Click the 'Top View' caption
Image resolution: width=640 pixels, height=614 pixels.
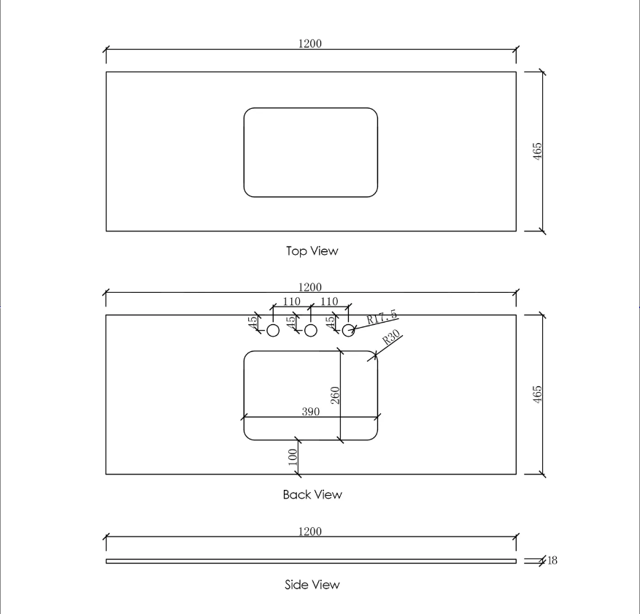click(x=312, y=250)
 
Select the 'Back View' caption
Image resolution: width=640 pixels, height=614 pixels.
click(x=312, y=494)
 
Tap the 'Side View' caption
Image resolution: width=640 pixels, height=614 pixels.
click(x=312, y=585)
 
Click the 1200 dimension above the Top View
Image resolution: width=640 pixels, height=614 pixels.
click(x=310, y=43)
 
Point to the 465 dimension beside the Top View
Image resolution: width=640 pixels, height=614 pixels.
click(x=538, y=151)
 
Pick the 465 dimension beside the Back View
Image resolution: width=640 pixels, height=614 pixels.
click(x=538, y=394)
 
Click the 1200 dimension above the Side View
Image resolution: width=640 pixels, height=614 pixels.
click(x=310, y=531)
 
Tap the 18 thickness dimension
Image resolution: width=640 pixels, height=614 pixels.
click(x=552, y=561)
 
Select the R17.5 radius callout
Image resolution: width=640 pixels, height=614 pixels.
click(x=382, y=317)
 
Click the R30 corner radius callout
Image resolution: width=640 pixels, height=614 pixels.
click(x=391, y=337)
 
